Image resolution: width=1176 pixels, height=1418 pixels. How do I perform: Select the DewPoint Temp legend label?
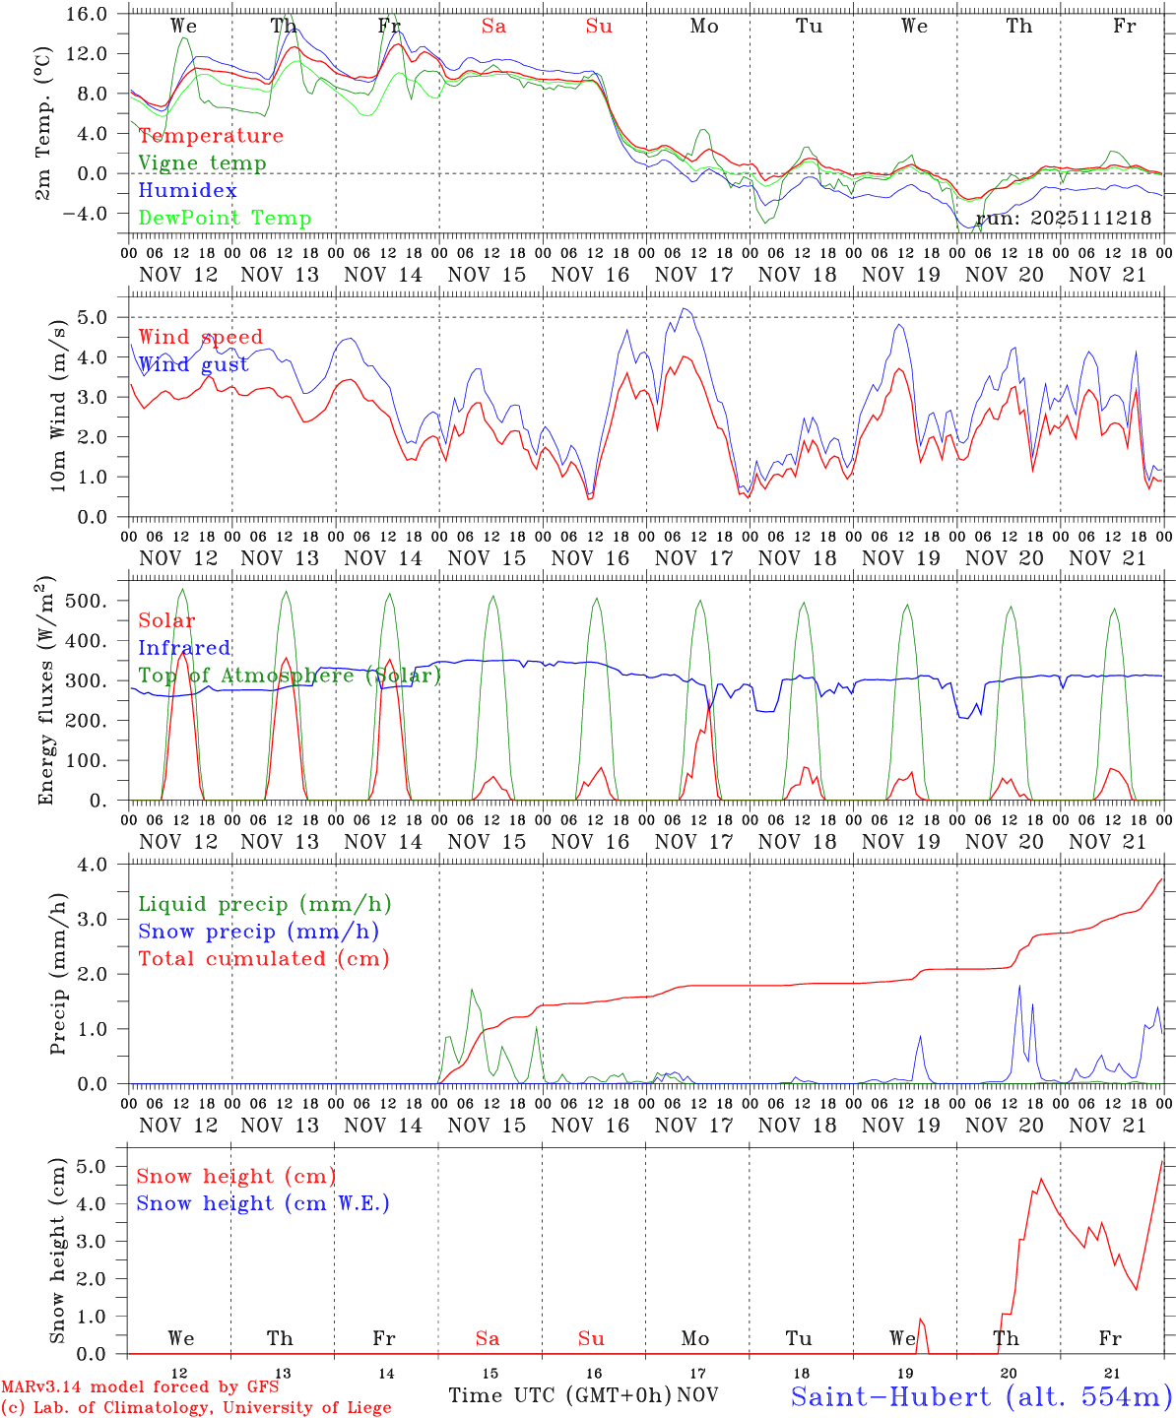click(225, 218)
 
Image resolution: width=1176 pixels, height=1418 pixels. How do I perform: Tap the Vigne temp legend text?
click(202, 162)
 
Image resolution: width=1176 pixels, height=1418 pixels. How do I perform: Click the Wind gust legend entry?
click(193, 364)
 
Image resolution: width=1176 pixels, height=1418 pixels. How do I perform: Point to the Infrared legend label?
click(184, 648)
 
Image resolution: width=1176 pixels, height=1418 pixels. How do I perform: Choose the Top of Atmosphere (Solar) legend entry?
click(290, 676)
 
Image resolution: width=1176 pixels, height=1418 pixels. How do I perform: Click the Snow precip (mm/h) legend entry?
click(258, 931)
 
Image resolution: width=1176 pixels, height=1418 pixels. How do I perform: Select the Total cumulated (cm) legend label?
click(263, 958)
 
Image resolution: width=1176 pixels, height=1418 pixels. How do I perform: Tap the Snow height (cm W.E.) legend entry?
click(263, 1203)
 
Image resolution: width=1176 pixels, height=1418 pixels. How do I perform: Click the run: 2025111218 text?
click(1064, 218)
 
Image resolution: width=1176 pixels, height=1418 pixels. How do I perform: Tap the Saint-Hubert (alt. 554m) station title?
click(981, 1395)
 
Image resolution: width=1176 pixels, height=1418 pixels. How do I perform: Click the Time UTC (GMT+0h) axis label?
click(559, 1394)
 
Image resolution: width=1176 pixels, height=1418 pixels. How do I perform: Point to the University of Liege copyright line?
click(196, 1407)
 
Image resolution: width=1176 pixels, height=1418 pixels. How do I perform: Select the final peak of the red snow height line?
click(1162, 1162)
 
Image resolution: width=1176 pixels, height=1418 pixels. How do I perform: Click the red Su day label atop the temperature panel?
click(599, 27)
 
